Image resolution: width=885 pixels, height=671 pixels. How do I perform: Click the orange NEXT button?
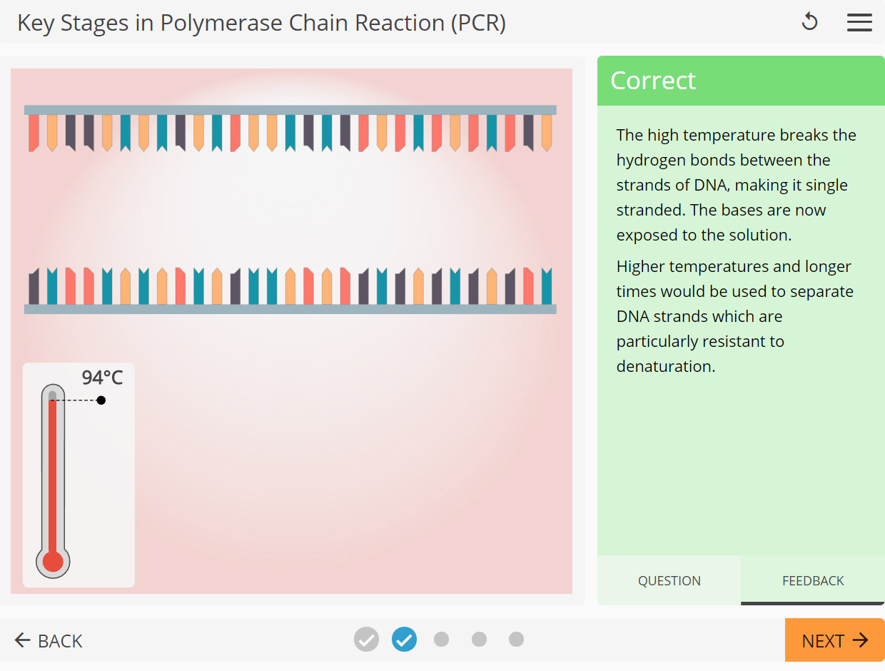point(834,640)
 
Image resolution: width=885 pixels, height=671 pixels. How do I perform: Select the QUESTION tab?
point(669,580)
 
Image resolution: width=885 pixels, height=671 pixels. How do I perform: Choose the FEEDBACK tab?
point(813,580)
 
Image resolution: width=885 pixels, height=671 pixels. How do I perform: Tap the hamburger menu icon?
point(859,22)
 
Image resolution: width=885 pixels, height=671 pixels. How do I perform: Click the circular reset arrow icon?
point(809,22)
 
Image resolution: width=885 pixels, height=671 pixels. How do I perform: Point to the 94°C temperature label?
point(102,378)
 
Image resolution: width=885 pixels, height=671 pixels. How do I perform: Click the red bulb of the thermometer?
point(53,562)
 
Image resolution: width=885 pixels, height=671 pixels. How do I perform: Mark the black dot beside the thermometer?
point(101,400)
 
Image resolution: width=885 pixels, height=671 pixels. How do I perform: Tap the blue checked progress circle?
point(404,639)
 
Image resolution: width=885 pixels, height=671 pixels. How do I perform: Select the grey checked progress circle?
point(366,639)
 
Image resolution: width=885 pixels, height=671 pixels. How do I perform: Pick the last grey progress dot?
point(516,639)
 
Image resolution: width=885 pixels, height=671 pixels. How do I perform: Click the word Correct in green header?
point(653,81)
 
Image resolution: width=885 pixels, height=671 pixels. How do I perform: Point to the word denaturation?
point(665,367)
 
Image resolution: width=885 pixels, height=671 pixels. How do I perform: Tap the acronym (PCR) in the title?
point(478,23)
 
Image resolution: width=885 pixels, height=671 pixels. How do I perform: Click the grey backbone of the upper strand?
point(290,110)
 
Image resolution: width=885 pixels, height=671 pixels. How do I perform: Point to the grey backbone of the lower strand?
point(290,309)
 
